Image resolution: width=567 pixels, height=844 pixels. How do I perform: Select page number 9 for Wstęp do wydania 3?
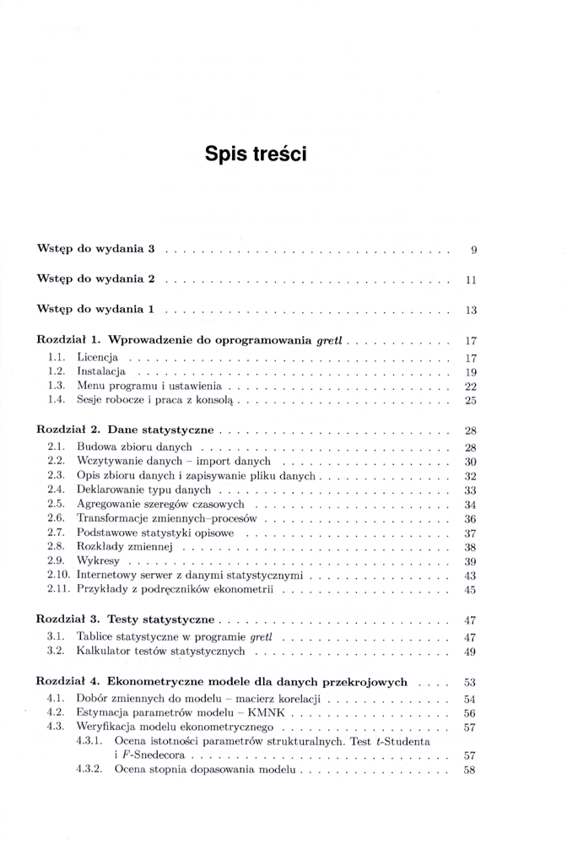pyautogui.click(x=474, y=250)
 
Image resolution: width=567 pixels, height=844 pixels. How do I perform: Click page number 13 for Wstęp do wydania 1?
pyautogui.click(x=472, y=311)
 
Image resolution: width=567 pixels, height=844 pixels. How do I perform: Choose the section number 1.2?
pyautogui.click(x=57, y=371)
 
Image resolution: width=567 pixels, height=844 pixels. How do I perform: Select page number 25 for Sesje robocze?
pyautogui.click(x=472, y=400)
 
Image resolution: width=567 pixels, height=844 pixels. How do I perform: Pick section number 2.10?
pyautogui.click(x=59, y=575)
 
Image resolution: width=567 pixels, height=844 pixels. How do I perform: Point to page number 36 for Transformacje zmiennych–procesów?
pyautogui.click(x=472, y=518)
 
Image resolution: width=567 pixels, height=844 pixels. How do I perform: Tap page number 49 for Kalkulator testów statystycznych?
pyautogui.click(x=472, y=652)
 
